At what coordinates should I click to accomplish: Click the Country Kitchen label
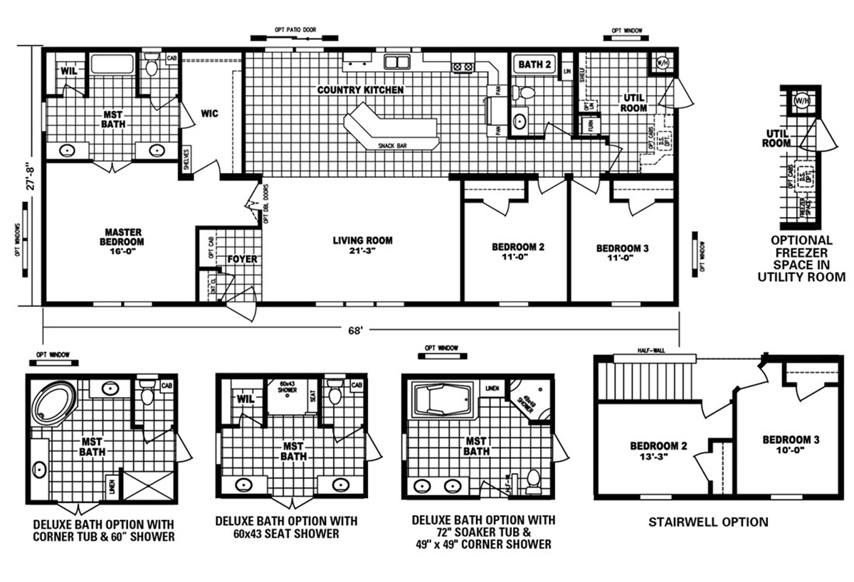(x=360, y=90)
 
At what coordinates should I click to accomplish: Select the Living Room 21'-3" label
(x=362, y=245)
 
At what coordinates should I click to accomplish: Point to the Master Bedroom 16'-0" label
(x=124, y=237)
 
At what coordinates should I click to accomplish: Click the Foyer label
(x=243, y=259)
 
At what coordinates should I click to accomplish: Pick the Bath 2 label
(x=534, y=65)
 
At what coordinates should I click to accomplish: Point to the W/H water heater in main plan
(x=661, y=62)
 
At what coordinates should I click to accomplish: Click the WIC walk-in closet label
(x=209, y=113)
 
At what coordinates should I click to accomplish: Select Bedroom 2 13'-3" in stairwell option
(x=658, y=452)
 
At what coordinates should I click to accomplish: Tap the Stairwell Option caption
(x=707, y=522)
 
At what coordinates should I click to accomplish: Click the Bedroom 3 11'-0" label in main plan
(x=622, y=253)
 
